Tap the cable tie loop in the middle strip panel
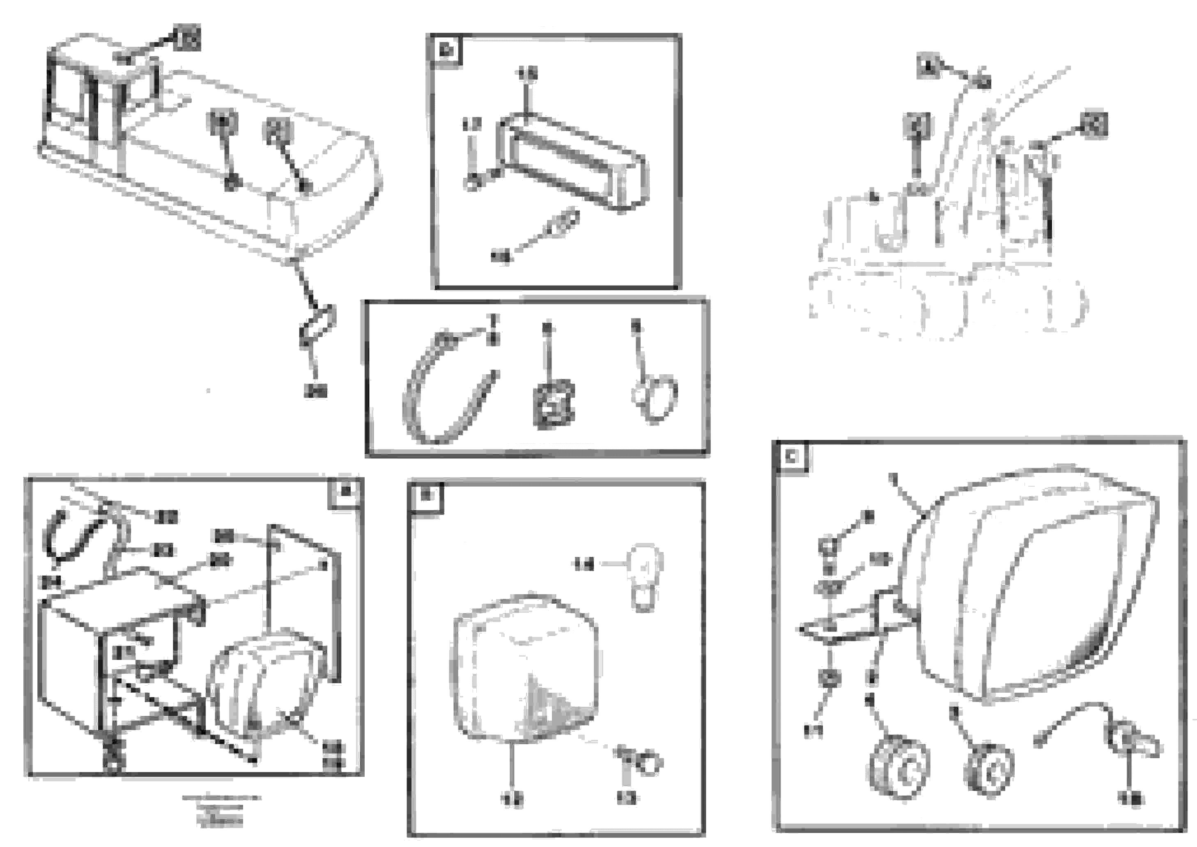tap(446, 396)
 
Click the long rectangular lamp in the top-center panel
tap(574, 162)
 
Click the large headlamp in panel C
tap(1028, 584)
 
